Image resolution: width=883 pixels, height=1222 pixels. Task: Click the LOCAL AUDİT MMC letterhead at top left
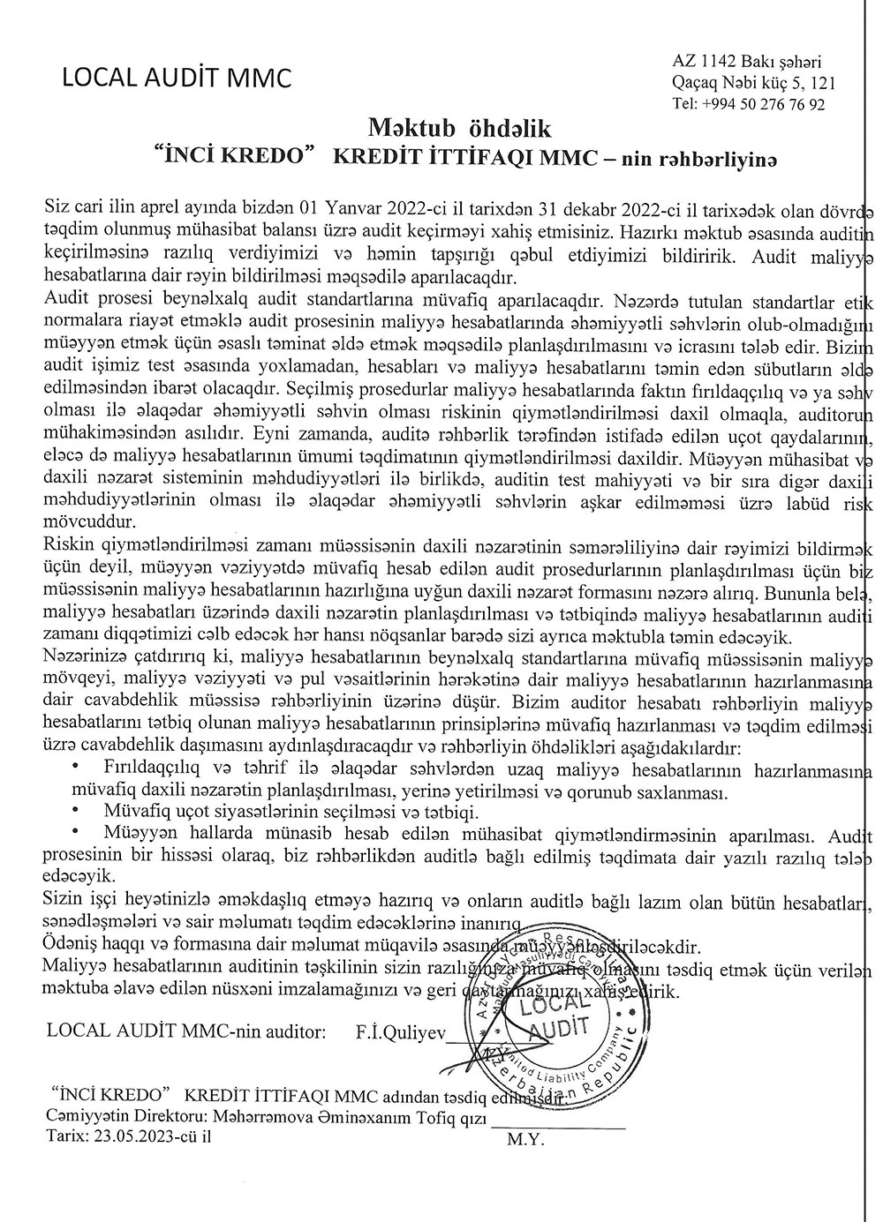[x=176, y=78]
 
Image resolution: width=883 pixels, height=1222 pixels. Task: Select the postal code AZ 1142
[x=702, y=62]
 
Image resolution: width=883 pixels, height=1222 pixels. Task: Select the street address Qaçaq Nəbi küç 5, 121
[x=752, y=83]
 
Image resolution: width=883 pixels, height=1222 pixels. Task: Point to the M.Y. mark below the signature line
[x=526, y=1138]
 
